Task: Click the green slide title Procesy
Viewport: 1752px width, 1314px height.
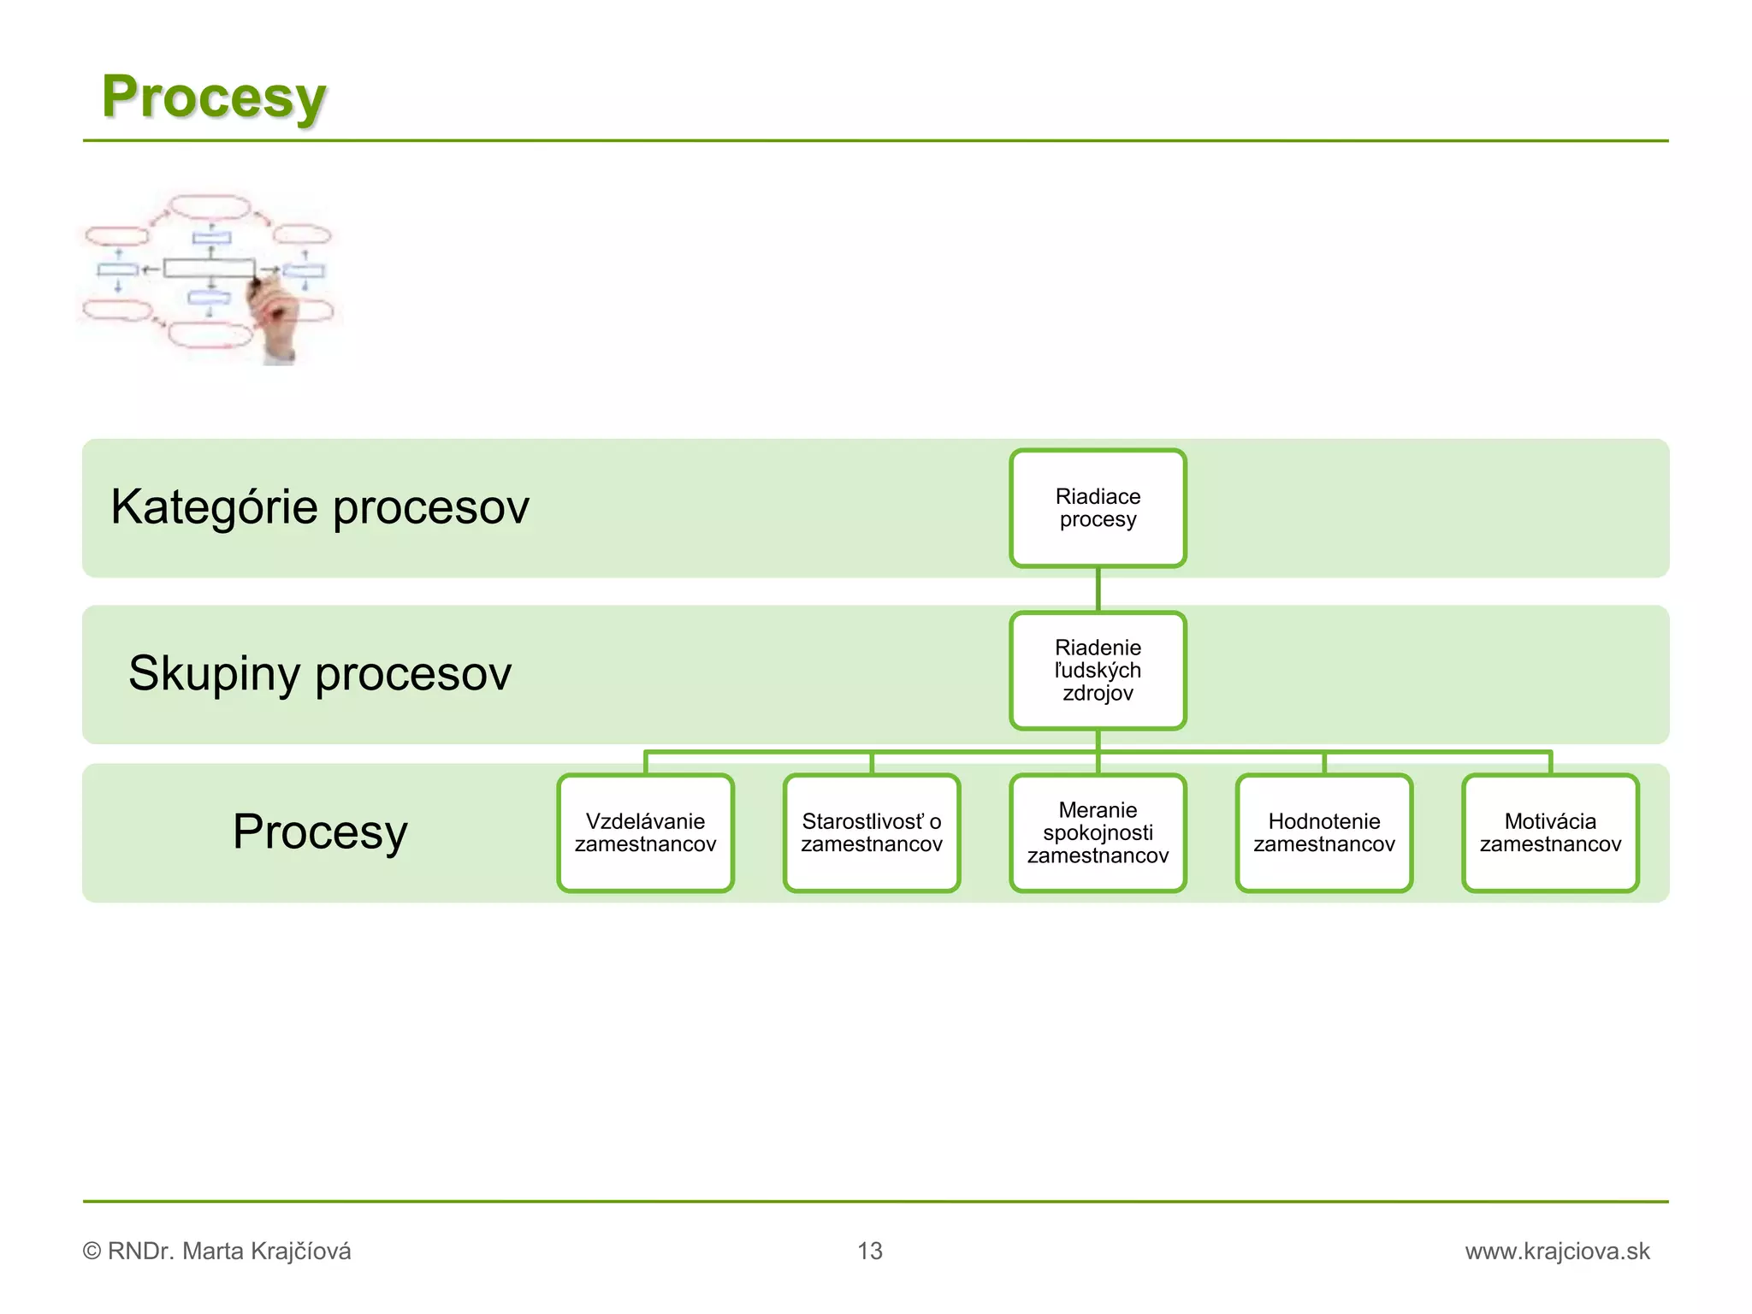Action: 214,97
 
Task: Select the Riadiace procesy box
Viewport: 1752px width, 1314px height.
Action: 1098,508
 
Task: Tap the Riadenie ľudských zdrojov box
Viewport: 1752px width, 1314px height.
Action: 1098,671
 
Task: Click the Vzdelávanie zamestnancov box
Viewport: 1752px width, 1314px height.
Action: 646,833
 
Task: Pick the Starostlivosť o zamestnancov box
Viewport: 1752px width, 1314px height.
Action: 872,833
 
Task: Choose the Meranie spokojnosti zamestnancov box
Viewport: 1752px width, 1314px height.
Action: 1098,833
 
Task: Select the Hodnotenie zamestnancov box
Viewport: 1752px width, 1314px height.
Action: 1323,833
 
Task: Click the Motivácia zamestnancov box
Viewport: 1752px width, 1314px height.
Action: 1550,833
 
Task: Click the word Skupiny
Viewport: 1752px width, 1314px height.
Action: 213,673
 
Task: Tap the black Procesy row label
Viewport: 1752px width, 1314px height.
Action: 320,832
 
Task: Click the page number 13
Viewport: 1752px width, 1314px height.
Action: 870,1251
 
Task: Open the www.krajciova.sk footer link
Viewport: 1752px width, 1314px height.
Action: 1557,1251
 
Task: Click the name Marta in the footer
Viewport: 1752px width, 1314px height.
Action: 213,1251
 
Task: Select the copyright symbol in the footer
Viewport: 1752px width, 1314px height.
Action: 92,1251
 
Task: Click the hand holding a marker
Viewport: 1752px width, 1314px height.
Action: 272,321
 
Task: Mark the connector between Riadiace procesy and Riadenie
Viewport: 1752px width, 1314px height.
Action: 1098,589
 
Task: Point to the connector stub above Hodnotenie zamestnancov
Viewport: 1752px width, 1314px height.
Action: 1323,763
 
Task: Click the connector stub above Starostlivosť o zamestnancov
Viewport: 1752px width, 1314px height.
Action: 872,763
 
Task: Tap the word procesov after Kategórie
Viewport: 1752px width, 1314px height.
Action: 431,508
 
